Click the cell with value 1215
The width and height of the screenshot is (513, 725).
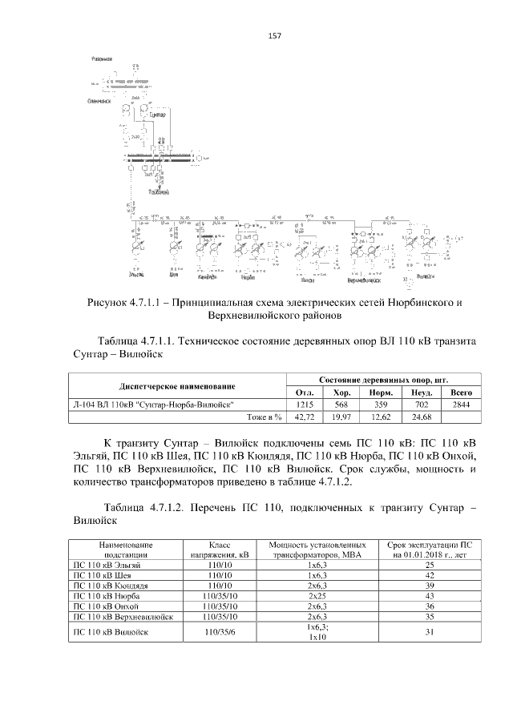304,405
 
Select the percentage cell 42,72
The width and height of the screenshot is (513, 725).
304,417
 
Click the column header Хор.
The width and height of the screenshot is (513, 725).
342,393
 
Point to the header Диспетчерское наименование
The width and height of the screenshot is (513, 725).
178,386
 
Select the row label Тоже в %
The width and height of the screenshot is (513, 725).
261,417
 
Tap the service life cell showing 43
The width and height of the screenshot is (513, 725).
430,596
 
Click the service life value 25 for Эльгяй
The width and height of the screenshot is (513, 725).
430,565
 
